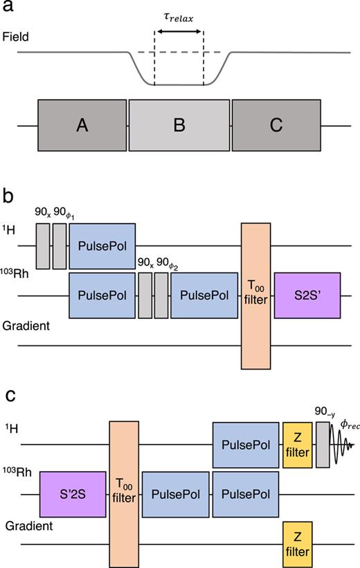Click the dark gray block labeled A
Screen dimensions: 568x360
point(82,125)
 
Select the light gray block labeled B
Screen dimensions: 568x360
point(179,125)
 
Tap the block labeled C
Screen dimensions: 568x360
point(276,125)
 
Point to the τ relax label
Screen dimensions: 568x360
point(179,15)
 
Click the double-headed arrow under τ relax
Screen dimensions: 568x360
point(179,30)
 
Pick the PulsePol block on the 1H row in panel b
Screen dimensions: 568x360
point(102,246)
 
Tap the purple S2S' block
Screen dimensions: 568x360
point(307,295)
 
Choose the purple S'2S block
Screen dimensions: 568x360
point(72,494)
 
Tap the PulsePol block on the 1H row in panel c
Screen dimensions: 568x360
point(245,444)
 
